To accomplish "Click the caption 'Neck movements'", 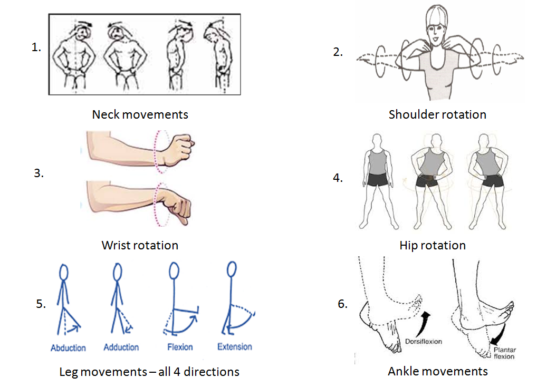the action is pos(140,114).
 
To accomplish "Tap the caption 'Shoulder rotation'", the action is pos(437,114).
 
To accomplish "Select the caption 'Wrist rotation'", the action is pos(140,245).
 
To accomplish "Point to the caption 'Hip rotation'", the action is pos(433,245).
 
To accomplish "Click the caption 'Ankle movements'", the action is pos(438,371).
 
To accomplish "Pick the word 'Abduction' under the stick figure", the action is pos(68,348).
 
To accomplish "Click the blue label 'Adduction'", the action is pos(121,347).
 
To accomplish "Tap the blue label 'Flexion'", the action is pos(180,347).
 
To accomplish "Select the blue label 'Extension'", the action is pos(235,346).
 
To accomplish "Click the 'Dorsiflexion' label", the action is pos(424,342).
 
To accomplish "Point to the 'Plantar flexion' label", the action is pos(504,353).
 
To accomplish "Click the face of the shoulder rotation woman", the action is pos(436,32).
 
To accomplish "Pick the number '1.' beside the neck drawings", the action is pos(36,47).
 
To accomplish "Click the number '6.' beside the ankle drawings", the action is pos(342,304).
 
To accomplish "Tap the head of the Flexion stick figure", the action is pos(174,271).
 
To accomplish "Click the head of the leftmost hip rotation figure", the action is pos(377,140).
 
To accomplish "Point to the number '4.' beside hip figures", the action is pos(338,178).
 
